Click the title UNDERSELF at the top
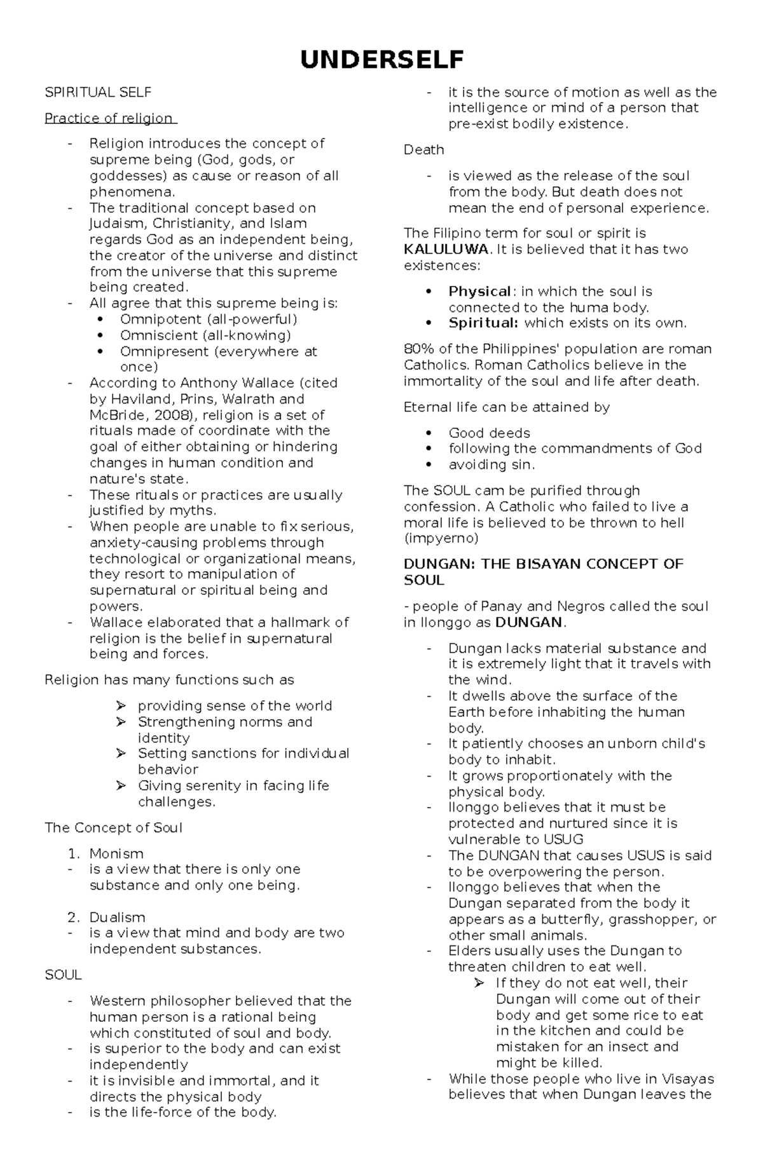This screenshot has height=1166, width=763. pos(381,60)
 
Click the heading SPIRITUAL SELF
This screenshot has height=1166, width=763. pos(98,93)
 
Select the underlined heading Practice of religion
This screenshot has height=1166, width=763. pos(109,118)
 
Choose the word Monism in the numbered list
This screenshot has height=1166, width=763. pos(116,853)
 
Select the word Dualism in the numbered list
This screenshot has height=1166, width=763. pos(117,917)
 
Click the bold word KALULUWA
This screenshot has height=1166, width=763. pos(446,249)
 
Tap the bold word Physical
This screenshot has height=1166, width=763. pos(479,292)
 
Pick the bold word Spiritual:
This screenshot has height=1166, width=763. pos(483,323)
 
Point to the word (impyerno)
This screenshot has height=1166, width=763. pos(441,538)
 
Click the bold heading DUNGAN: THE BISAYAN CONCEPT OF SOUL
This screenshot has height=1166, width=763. pos(544,571)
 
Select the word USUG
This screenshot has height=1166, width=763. pos(562,839)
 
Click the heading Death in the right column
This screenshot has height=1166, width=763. pos(424,150)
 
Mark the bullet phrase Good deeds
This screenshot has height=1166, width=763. pos(489,433)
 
